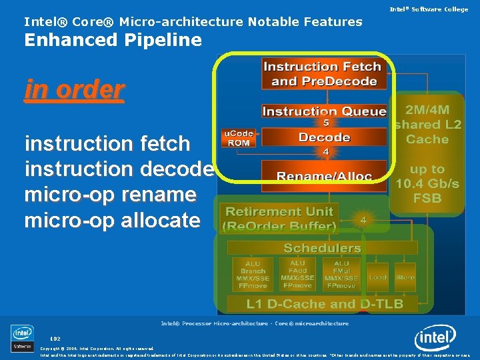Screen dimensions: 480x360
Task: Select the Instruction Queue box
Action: point(324,111)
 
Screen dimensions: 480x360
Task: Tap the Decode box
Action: point(325,137)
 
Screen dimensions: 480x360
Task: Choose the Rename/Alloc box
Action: point(324,175)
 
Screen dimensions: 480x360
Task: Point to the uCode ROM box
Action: point(237,139)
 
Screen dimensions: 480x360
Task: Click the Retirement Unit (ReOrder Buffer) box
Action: point(281,219)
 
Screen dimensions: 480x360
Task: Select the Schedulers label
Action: point(322,248)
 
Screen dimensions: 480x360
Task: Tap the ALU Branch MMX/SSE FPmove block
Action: point(253,274)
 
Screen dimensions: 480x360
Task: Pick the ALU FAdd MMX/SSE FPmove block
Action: point(297,274)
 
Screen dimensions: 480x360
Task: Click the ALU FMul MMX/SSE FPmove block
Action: point(341,274)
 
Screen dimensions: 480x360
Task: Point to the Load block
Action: point(378,277)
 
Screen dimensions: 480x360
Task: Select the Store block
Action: point(405,277)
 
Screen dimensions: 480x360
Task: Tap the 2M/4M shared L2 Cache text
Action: point(427,125)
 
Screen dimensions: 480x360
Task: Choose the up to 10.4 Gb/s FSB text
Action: point(427,183)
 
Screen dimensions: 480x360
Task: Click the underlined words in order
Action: point(74,89)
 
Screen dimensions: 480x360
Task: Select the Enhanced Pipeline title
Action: point(113,40)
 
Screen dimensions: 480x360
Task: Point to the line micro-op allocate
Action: point(112,220)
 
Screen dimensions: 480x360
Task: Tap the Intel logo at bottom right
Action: point(435,339)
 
